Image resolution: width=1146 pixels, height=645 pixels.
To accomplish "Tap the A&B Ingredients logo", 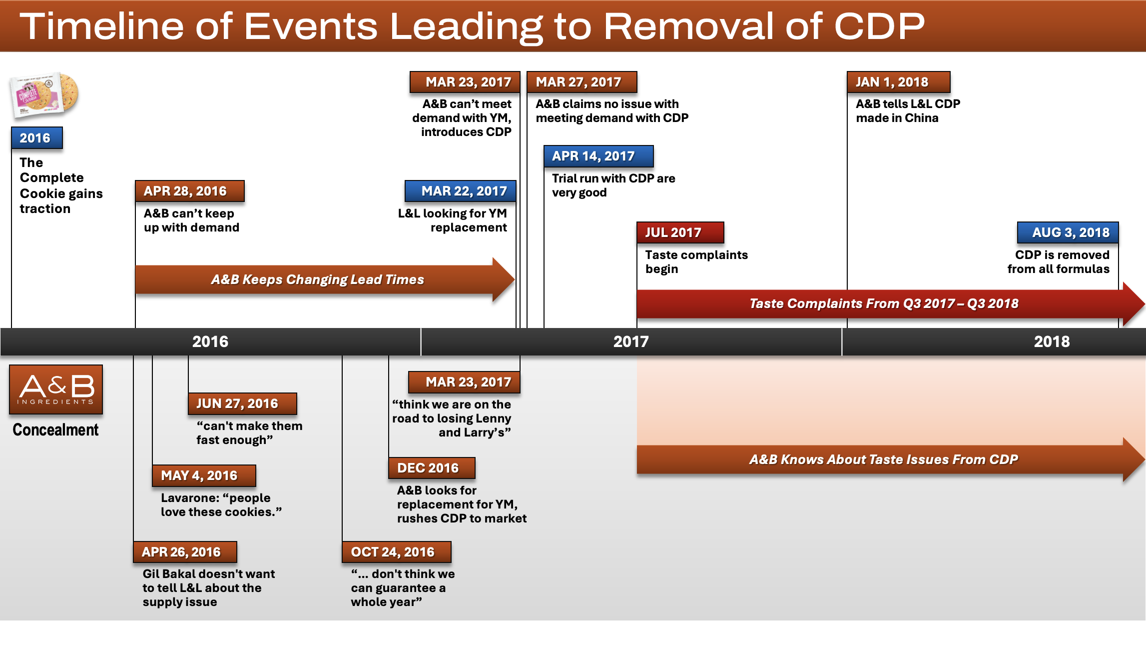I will [x=56, y=389].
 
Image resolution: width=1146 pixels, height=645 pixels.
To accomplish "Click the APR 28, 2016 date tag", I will [x=189, y=191].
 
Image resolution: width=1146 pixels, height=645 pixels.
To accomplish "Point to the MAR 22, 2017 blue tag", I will [x=460, y=191].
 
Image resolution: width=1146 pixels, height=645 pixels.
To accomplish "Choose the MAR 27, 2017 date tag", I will [x=581, y=82].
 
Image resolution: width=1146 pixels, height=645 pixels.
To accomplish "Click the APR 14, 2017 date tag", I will [x=598, y=156].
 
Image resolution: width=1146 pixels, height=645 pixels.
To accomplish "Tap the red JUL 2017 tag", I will [x=679, y=232].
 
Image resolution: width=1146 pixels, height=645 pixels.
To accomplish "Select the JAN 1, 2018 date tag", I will [x=898, y=82].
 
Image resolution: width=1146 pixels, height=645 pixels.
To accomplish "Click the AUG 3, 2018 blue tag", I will [x=1068, y=232].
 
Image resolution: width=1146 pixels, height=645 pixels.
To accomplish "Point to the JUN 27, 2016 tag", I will [x=242, y=403].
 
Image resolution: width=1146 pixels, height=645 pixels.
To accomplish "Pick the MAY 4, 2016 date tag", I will [x=204, y=475].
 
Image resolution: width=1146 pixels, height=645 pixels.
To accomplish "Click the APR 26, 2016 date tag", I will [x=185, y=552].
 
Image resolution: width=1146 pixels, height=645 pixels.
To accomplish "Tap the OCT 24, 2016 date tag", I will [x=396, y=552].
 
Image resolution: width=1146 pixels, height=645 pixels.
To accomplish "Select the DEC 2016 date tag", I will [x=432, y=468].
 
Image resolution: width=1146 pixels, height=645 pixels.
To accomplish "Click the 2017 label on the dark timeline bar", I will [x=630, y=341].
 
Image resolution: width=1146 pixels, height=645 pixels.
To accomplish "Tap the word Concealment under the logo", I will [x=55, y=430].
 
